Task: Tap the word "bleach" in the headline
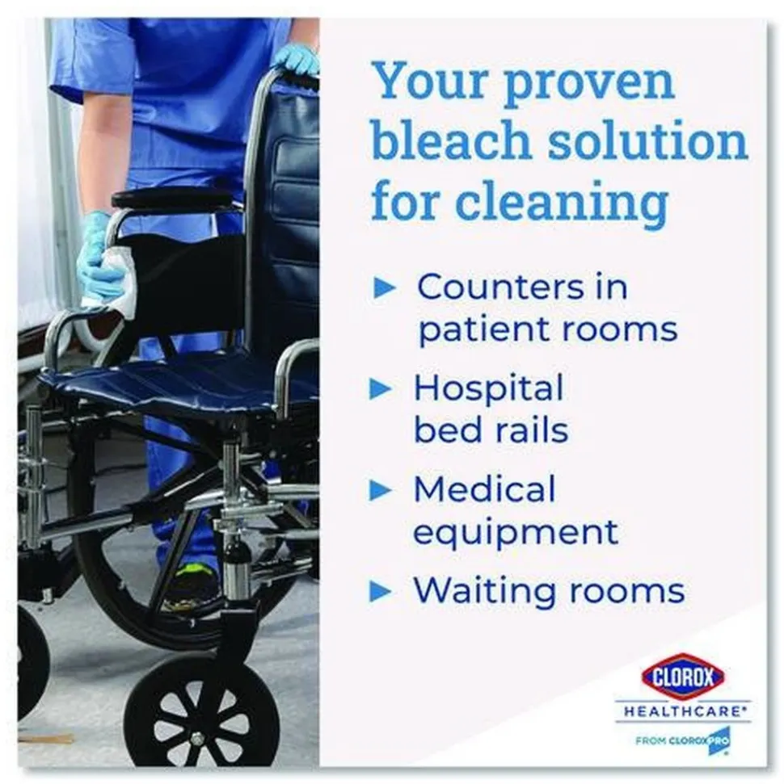(450, 141)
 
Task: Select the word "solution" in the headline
(648, 141)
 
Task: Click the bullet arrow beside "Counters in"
(385, 288)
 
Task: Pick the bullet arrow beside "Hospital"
(381, 389)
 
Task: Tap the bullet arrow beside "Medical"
(381, 490)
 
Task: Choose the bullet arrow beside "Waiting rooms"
(381, 592)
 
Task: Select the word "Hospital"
(489, 389)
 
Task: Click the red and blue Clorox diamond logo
(684, 677)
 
